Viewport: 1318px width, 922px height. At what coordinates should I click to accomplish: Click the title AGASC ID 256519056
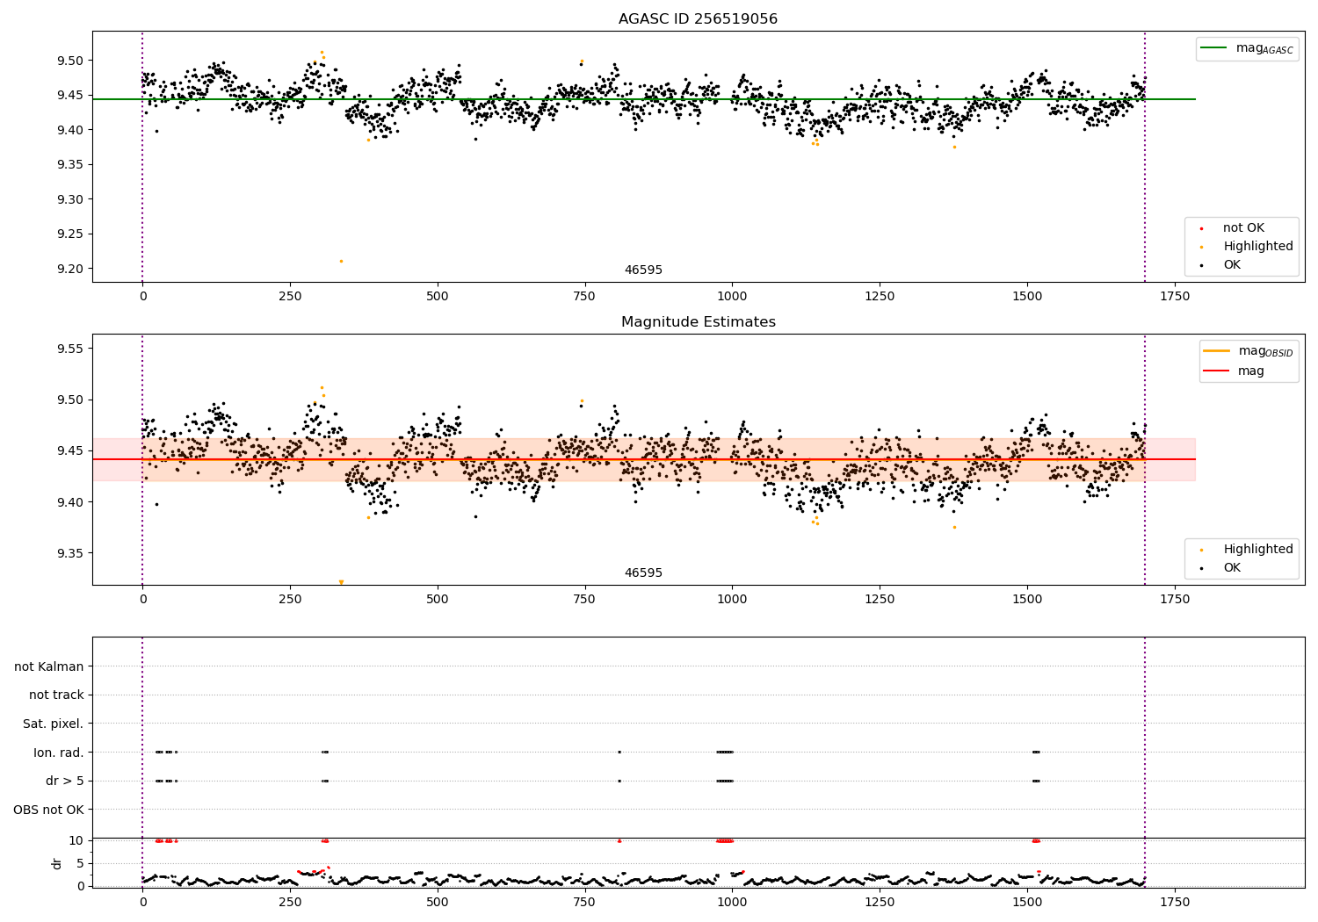click(698, 19)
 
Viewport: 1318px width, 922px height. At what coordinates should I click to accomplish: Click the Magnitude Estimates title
click(698, 322)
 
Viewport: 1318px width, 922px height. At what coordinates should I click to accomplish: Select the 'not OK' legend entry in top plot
click(1242, 228)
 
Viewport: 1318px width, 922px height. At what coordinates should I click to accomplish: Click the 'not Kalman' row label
click(49, 666)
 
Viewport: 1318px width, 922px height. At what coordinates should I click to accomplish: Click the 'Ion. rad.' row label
click(58, 753)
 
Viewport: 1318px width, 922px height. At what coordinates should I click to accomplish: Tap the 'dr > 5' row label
click(64, 781)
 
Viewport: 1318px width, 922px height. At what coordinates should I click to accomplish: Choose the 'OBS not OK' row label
click(48, 810)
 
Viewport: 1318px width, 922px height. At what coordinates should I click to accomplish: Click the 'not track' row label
click(56, 695)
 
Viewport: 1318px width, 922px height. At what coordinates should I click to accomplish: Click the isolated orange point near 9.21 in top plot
click(341, 261)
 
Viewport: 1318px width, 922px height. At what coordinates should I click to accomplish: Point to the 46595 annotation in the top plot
click(643, 270)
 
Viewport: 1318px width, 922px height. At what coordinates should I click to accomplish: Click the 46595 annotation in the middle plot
click(643, 573)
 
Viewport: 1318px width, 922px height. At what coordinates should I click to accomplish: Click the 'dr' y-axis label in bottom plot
click(57, 863)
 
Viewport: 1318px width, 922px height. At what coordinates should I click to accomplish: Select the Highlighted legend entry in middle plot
click(1257, 550)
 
